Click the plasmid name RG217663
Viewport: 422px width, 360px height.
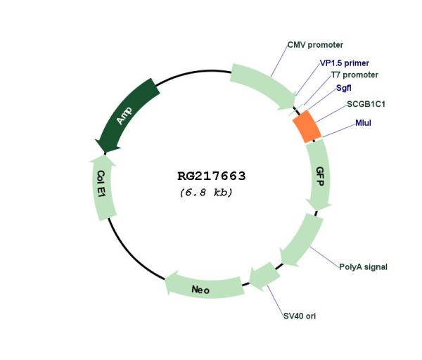coord(212,176)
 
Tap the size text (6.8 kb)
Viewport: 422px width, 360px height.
coord(206,193)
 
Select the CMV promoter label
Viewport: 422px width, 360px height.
coord(315,45)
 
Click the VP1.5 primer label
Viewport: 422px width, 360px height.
coord(344,63)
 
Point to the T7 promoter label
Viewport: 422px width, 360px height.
coord(354,75)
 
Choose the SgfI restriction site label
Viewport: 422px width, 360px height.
coord(344,88)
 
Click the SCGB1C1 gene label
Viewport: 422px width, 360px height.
coord(366,104)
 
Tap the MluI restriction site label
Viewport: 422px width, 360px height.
coord(363,123)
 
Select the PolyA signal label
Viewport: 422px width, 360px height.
coord(363,267)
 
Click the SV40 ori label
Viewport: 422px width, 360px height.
coord(300,316)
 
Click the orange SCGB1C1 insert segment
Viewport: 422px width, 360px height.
coord(307,126)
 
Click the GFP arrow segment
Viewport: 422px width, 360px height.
coord(319,175)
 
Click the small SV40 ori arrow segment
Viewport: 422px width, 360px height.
coord(264,276)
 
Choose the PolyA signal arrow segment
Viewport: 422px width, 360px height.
coord(302,240)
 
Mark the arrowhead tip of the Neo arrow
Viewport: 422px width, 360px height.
coord(165,280)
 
